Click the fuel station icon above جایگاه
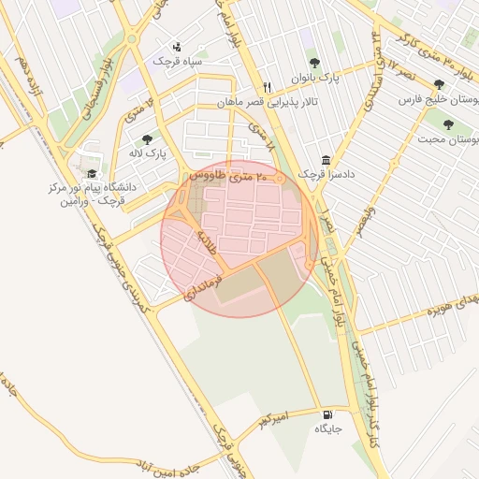tap(326, 414)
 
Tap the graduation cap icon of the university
tap(92, 173)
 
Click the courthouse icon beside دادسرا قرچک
tap(326, 160)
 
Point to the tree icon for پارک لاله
tap(147, 138)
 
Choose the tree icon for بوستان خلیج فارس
tap(439, 84)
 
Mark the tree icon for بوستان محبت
tap(448, 123)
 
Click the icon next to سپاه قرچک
tap(178, 46)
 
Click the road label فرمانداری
tap(201, 283)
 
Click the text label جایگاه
tap(329, 428)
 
